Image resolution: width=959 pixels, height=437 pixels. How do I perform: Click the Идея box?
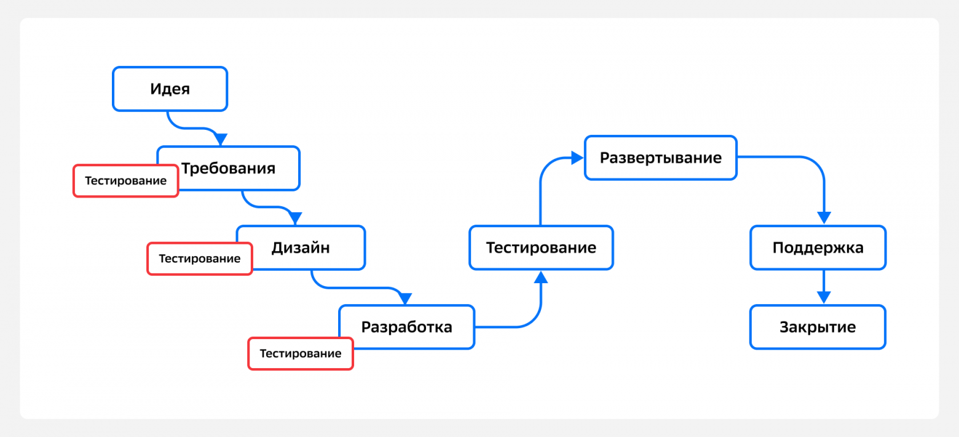170,89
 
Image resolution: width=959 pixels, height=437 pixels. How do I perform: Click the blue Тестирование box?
541,247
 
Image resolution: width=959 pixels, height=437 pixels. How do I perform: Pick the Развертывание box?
661,158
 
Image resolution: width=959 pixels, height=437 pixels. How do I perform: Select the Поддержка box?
818,247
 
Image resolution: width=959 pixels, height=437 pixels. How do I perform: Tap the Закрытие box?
818,327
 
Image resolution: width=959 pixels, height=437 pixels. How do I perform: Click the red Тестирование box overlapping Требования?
126,180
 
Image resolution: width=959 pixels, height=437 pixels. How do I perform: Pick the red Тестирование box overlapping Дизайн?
200,259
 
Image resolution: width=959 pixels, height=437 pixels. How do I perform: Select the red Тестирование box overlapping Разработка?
301,353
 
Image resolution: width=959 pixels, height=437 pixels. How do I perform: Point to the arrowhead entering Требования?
221,139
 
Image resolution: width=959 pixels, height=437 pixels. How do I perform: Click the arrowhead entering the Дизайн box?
296,218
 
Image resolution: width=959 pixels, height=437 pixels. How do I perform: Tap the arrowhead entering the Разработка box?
405,299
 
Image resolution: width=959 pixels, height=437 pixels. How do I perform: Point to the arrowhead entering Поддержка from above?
824,218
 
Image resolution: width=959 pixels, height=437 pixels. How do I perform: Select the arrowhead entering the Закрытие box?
824,298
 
